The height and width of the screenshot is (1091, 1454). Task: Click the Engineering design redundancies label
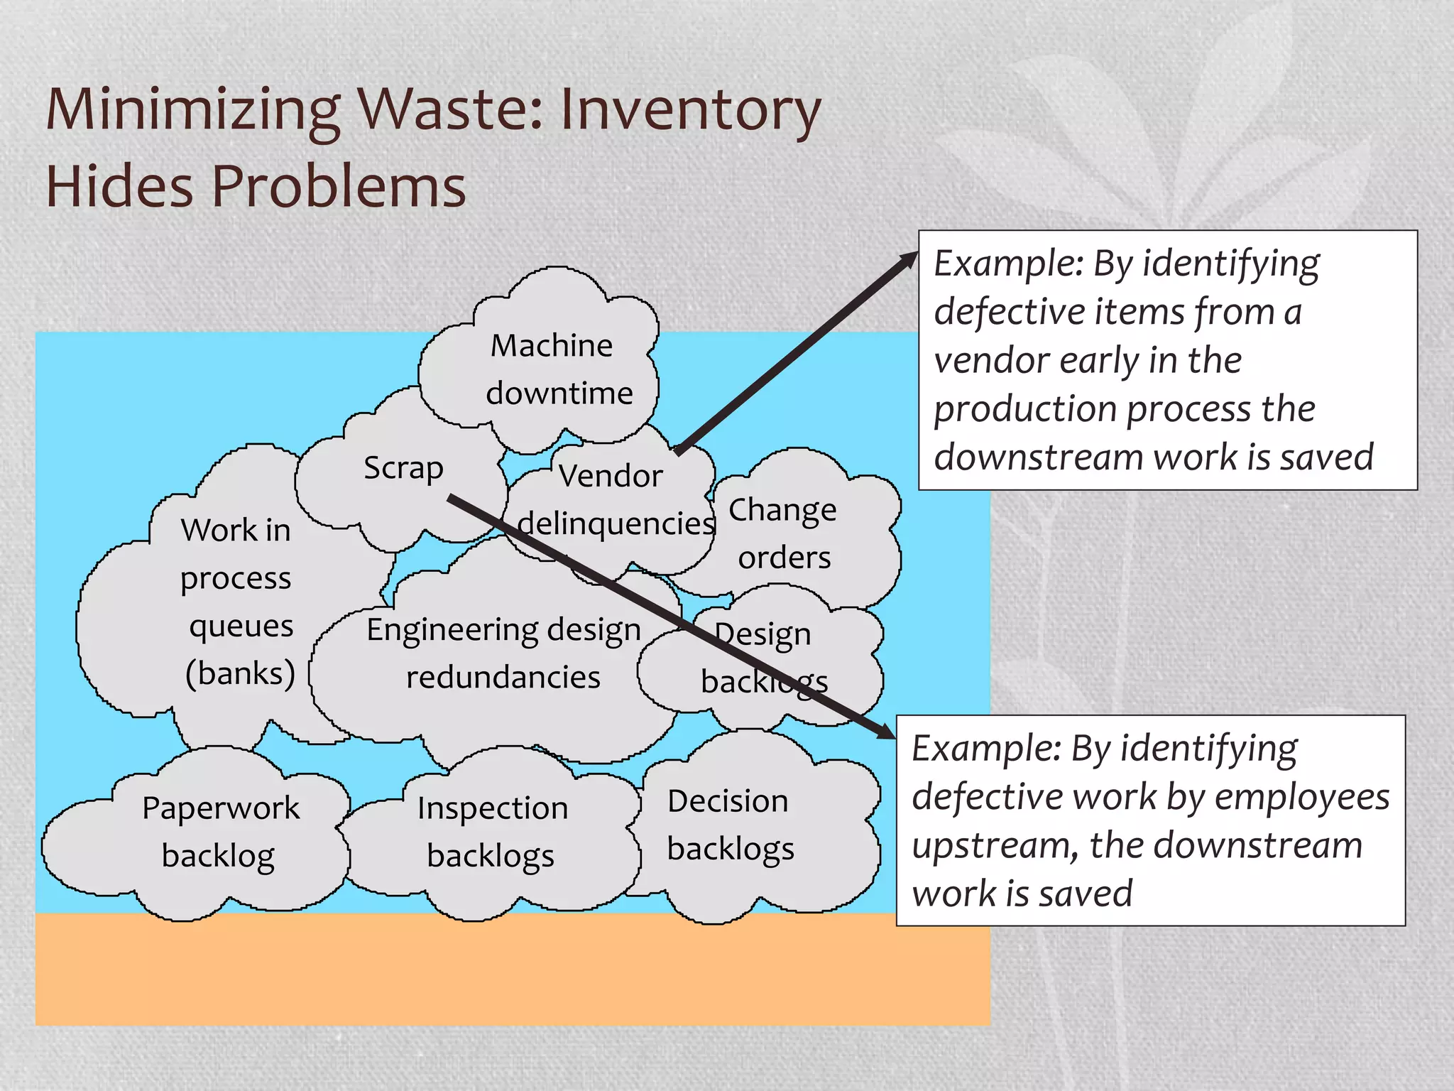pos(503,653)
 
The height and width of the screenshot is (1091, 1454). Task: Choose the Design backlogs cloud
pos(764,657)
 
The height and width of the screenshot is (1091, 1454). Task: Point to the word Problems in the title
pos(339,186)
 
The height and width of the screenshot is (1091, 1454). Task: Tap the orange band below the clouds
pos(511,970)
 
